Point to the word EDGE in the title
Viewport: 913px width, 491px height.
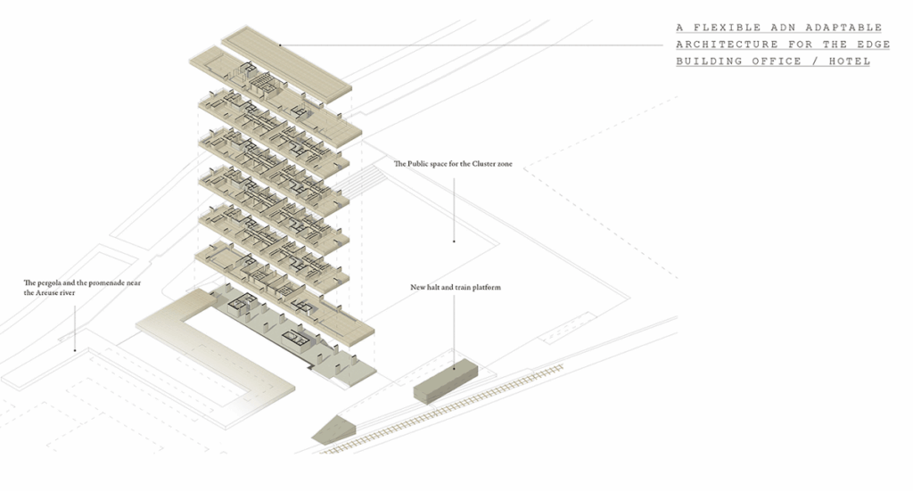pyautogui.click(x=874, y=45)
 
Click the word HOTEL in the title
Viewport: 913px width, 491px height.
pyautogui.click(x=848, y=61)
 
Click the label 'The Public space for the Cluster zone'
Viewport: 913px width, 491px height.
pyautogui.click(x=459, y=164)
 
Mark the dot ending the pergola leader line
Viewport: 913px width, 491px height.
pyautogui.click(x=75, y=348)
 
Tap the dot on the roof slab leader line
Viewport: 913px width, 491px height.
pyautogui.click(x=279, y=45)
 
